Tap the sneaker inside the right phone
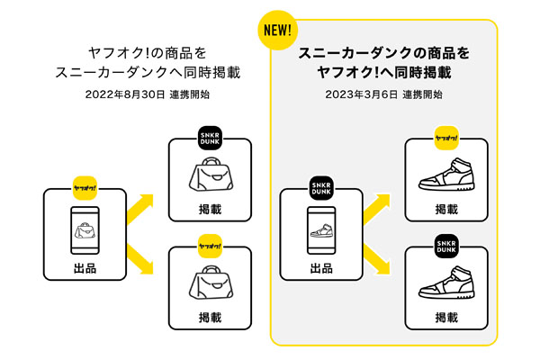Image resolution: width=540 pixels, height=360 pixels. click(x=321, y=229)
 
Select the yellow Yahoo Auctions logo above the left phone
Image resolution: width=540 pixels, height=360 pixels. click(x=85, y=187)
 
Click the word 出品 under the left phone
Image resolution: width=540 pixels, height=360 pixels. click(x=85, y=269)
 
